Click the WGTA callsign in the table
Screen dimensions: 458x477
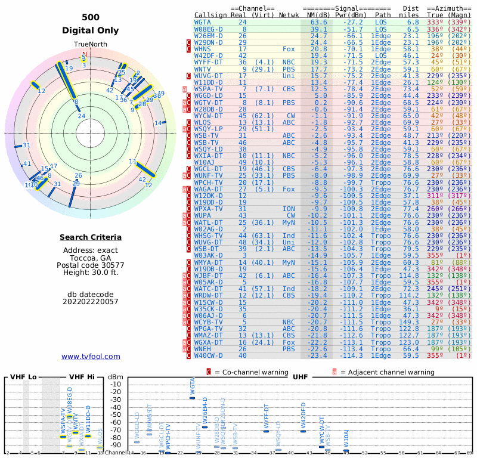click(203, 22)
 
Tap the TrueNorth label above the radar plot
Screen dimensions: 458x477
click(90, 45)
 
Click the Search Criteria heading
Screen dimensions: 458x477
click(90, 237)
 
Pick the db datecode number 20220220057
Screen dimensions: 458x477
click(90, 302)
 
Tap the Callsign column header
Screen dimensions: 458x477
click(211, 16)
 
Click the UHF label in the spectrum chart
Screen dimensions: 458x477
click(300, 377)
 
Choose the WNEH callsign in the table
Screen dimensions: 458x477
click(203, 349)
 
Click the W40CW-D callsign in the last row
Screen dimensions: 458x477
click(209, 355)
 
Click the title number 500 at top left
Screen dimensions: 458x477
click(91, 18)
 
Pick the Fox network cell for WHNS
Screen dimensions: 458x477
click(289, 48)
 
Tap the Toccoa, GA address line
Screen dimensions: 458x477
click(90, 258)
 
